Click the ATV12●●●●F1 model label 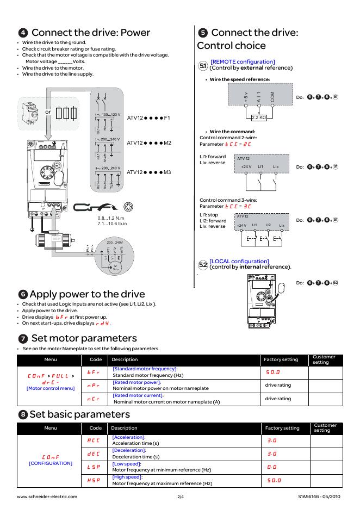pos(148,117)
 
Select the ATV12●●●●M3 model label pos(148,172)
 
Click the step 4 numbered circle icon pos(23,33)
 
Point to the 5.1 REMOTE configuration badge pos(203,65)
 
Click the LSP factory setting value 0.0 pos(272,467)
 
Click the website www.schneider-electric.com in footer pos(47,496)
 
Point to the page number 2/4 pos(181,496)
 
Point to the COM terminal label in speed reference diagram pos(272,98)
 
